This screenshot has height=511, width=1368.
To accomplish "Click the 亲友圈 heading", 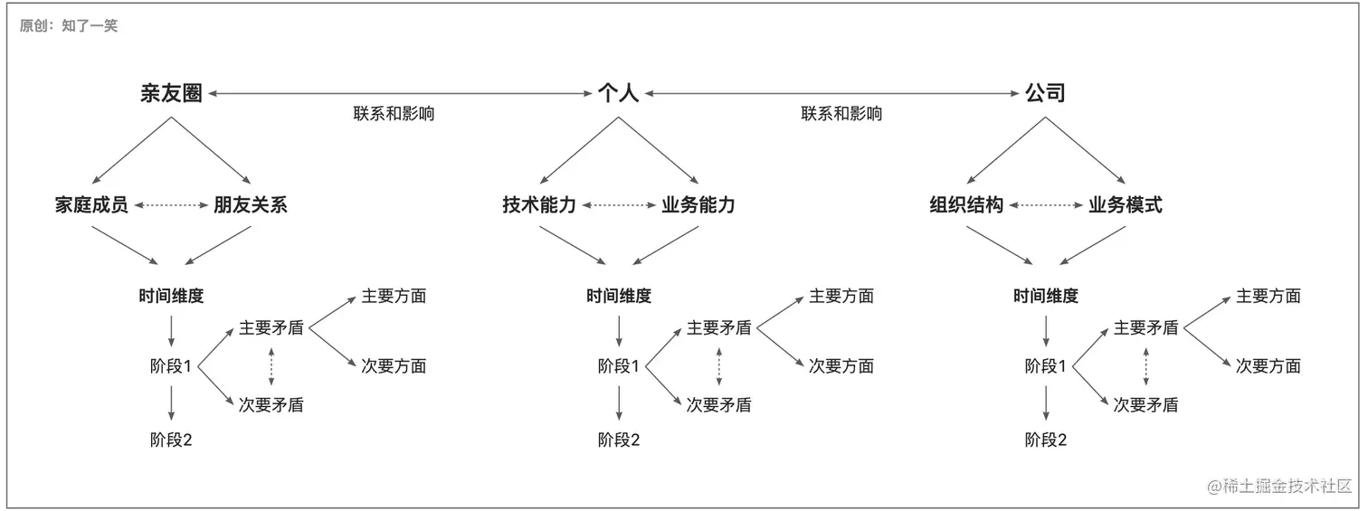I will [171, 93].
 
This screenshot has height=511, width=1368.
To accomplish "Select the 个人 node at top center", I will [618, 93].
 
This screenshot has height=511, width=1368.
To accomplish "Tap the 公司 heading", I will [1045, 93].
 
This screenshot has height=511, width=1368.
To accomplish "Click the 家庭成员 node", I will [91, 205].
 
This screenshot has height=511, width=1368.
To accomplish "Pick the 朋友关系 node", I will [251, 205].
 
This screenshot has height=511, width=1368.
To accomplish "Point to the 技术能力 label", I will [539, 205].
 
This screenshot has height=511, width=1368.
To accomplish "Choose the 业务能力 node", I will [698, 205].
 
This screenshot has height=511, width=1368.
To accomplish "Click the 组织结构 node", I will [966, 205].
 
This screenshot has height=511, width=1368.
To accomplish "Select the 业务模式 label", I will [1126, 205].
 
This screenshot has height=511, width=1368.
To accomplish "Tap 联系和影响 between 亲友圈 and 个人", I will [394, 114].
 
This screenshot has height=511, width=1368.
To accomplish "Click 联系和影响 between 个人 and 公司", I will [841, 114].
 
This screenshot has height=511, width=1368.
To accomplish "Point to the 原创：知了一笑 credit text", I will [69, 26].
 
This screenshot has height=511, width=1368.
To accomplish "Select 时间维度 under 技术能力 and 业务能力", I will [619, 296].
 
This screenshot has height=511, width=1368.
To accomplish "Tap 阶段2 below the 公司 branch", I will [1046, 440].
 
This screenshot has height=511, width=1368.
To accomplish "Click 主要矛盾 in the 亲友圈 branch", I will [271, 327].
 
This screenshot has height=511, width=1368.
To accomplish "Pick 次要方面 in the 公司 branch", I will [1268, 366].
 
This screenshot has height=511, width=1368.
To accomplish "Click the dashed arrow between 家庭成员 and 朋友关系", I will [171, 205].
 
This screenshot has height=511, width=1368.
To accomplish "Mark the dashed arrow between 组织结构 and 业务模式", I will [1046, 205].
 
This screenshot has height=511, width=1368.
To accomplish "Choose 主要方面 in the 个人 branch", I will [841, 296].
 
